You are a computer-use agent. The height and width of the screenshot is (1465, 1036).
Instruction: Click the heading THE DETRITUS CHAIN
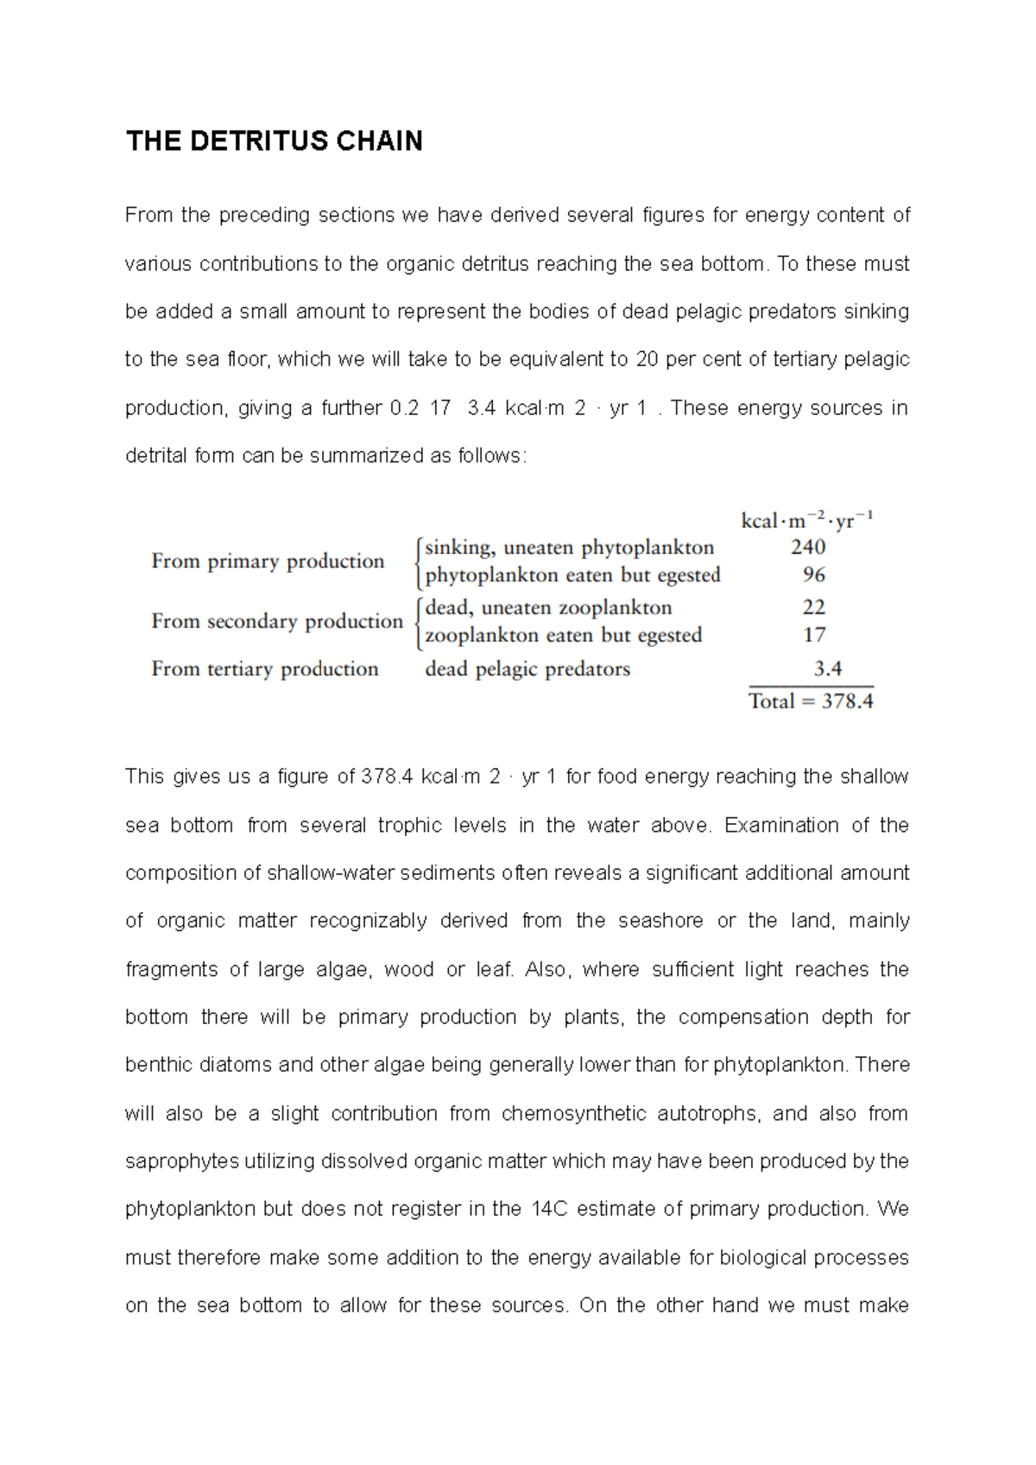tap(274, 141)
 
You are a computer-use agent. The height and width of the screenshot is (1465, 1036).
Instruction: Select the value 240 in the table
tap(808, 547)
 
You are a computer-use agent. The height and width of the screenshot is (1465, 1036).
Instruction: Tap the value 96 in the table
tap(813, 575)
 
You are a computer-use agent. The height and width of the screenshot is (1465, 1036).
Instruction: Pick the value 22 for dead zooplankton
tap(813, 607)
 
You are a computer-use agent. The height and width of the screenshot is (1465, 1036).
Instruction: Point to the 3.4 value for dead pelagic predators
tap(827, 669)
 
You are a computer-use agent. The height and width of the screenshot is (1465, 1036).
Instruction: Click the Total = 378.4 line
tap(811, 701)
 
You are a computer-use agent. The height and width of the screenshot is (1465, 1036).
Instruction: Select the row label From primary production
tap(268, 562)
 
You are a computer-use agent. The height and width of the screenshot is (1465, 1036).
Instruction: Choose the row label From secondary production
tap(277, 621)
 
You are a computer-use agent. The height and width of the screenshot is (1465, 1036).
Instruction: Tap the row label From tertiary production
tap(264, 670)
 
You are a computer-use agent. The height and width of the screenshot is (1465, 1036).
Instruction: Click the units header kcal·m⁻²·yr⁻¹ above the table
tap(806, 520)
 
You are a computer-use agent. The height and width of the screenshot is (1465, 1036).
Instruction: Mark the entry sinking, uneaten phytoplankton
tap(569, 548)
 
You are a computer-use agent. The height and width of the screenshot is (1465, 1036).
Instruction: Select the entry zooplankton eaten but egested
tap(563, 636)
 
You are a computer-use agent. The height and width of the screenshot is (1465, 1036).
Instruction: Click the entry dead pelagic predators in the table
tap(527, 670)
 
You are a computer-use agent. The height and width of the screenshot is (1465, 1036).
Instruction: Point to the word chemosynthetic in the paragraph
tap(573, 1114)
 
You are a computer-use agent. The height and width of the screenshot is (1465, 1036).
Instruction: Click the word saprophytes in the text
tap(181, 1161)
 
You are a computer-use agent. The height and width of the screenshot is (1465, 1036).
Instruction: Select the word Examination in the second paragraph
tap(781, 826)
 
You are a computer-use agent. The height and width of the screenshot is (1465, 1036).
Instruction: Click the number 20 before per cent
tap(647, 360)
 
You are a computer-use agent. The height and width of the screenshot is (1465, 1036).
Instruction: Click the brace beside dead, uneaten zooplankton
tap(419, 621)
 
